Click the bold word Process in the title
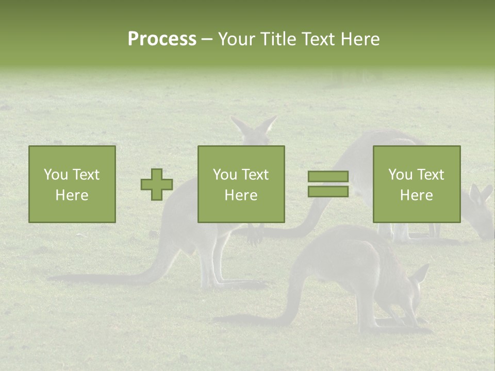pos(162,39)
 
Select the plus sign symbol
pos(157,184)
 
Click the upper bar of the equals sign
pos(328,177)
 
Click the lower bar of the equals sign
pos(328,192)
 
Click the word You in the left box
pos(56,175)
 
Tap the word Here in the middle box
pos(241,195)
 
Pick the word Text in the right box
pos(431,175)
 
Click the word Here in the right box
pos(416,195)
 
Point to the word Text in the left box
pos(86,175)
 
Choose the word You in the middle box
pos(225,175)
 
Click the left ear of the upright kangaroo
pos(239,125)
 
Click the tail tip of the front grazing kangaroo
pos(219,319)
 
